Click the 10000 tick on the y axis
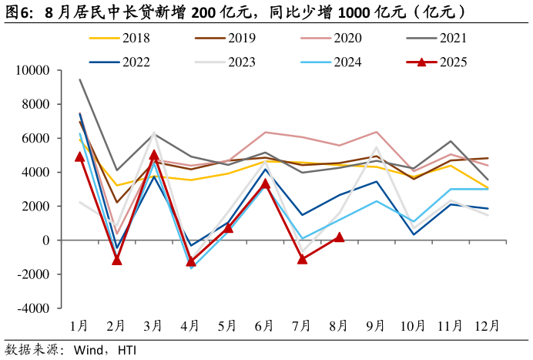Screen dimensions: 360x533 (33, 71)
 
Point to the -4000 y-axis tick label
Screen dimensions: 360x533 (33, 308)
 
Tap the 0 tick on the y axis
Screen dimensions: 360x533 (45, 241)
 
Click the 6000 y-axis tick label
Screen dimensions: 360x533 (36, 139)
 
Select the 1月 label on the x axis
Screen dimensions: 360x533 (79, 326)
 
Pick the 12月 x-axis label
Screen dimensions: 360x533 (488, 326)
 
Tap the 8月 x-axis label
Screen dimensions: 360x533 (339, 326)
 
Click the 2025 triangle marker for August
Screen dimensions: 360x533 (339, 237)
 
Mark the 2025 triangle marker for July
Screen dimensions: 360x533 (302, 259)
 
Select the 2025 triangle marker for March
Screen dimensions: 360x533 (153, 155)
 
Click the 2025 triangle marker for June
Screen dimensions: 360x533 (265, 183)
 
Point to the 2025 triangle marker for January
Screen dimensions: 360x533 (79, 156)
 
